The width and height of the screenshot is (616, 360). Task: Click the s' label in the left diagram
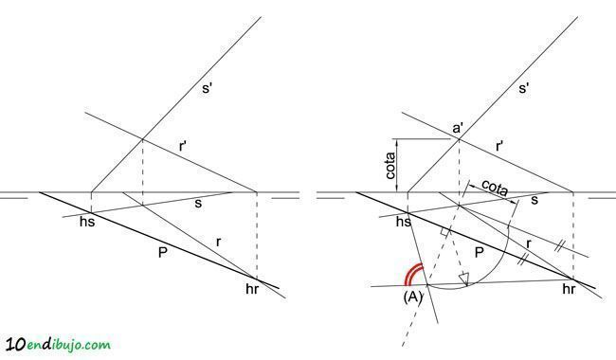click(207, 88)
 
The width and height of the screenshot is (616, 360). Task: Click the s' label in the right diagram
click(524, 88)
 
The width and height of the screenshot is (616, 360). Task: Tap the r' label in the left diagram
click(183, 147)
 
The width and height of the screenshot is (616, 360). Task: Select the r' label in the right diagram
click(499, 147)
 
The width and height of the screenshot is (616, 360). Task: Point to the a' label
click(458, 129)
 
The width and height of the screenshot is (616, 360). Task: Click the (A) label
click(412, 297)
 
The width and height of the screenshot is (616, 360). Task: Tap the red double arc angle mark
click(413, 273)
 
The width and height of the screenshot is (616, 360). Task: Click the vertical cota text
click(390, 166)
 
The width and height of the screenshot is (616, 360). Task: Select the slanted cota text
click(495, 188)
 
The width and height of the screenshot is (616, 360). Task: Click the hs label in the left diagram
click(87, 222)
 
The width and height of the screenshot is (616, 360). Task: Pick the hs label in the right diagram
click(404, 222)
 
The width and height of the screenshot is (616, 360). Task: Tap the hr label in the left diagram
click(252, 289)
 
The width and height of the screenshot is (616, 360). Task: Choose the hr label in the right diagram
click(569, 289)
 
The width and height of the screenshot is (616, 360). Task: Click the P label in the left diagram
click(162, 252)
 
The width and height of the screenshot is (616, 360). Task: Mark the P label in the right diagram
click(479, 252)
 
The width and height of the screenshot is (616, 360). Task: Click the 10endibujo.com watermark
click(59, 344)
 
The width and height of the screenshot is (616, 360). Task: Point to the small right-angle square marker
click(444, 232)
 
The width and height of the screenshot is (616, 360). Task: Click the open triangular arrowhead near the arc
click(464, 279)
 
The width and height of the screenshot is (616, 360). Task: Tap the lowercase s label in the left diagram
click(198, 203)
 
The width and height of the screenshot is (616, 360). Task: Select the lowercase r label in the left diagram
click(218, 242)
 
